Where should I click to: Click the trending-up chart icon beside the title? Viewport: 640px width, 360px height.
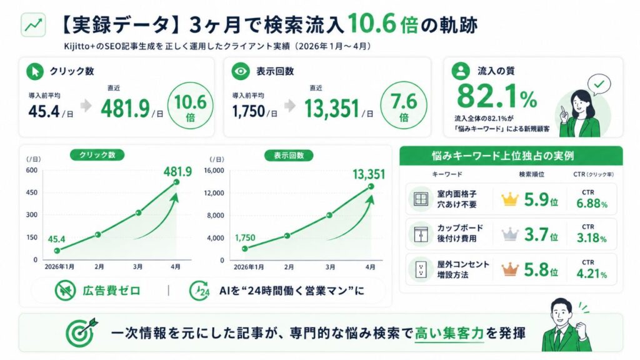pyautogui.click(x=33, y=25)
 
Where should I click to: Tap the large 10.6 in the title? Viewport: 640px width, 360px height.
pyautogui.click(x=372, y=24)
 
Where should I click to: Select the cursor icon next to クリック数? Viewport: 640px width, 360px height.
pyautogui.click(x=35, y=71)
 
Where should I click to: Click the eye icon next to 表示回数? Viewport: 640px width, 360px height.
pyautogui.click(x=241, y=71)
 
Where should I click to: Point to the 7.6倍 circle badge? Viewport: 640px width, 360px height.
pyautogui.click(x=404, y=105)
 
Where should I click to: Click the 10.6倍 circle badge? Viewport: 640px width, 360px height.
pyautogui.click(x=190, y=105)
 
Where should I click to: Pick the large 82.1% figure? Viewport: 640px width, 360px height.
pyautogui.click(x=497, y=97)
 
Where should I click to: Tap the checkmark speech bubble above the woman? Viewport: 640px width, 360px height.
pyautogui.click(x=599, y=84)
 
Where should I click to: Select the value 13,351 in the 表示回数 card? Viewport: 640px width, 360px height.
pyautogui.click(x=332, y=109)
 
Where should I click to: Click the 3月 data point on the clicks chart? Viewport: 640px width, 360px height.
pyautogui.click(x=138, y=212)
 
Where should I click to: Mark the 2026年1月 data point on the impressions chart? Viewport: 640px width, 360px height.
pyautogui.click(x=245, y=249)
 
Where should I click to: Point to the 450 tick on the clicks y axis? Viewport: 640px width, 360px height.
pyautogui.click(x=32, y=192)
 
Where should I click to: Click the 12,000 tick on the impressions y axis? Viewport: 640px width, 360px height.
pyautogui.click(x=214, y=192)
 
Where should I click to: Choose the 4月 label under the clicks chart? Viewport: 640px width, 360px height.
pyautogui.click(x=176, y=266)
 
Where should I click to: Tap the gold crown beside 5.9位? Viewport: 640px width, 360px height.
pyautogui.click(x=510, y=199)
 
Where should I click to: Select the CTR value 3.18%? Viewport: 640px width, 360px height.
pyautogui.click(x=591, y=238)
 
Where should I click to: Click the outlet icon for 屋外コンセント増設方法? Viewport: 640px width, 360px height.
pyautogui.click(x=421, y=269)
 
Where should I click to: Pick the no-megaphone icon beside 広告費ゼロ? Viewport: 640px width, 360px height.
pyautogui.click(x=65, y=291)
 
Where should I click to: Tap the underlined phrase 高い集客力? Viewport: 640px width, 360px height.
pyautogui.click(x=449, y=334)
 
